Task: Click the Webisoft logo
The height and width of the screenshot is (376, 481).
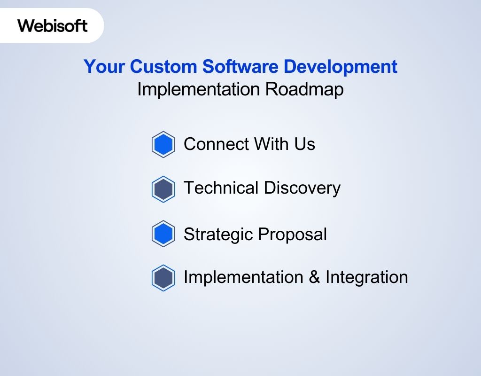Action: click(53, 25)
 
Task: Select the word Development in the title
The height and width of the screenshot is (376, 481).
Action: click(340, 67)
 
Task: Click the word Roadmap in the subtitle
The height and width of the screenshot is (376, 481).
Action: click(304, 89)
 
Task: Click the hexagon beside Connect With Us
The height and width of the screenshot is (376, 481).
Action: click(163, 144)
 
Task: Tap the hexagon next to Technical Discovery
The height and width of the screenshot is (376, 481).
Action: click(163, 189)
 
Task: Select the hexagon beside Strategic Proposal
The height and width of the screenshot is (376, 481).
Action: click(163, 234)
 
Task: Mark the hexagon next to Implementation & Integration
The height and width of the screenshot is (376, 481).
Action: click(163, 278)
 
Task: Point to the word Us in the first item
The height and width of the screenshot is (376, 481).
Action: click(305, 144)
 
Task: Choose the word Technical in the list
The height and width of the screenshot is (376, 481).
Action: click(221, 188)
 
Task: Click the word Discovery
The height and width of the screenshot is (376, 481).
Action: click(302, 188)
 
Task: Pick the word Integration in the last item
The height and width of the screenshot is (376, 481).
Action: click(366, 277)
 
